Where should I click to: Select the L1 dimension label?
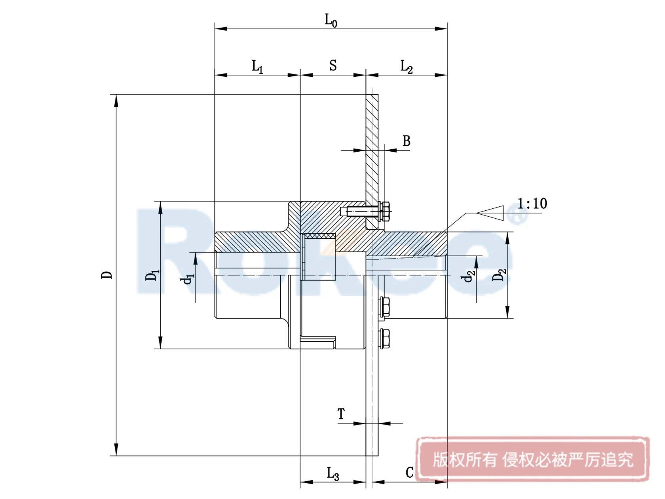257,66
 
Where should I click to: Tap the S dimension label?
333,65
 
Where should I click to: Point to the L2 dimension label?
407,66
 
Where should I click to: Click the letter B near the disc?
407,141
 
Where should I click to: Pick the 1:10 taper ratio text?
532,204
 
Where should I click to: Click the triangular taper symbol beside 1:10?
491,213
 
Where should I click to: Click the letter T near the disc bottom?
341,414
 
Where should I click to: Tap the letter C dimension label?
410,472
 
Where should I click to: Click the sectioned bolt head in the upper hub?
384,212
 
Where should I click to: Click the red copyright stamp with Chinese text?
532,459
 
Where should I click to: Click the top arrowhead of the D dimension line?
116,101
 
